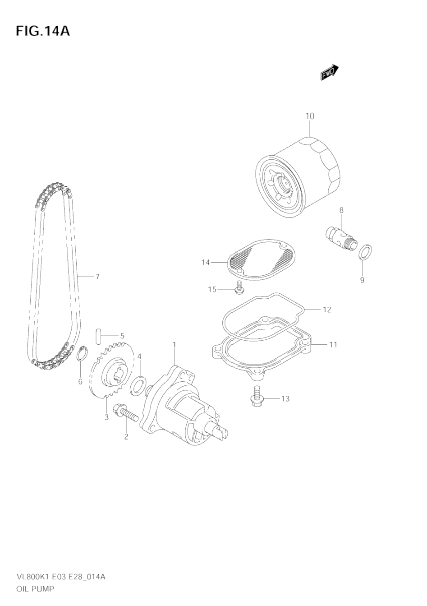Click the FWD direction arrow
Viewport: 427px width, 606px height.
(x=329, y=72)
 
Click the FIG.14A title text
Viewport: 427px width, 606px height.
(x=43, y=31)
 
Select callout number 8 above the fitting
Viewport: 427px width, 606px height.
(x=341, y=210)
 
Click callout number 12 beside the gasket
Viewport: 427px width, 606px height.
(x=327, y=310)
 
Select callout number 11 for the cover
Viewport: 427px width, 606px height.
(x=333, y=345)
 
